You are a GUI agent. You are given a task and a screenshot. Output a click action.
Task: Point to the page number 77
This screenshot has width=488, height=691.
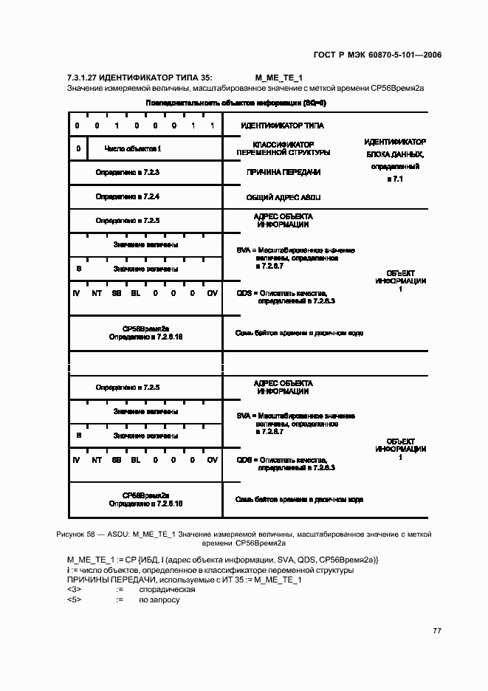coord(436,630)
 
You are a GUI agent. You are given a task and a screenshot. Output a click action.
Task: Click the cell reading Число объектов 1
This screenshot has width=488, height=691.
coord(133,149)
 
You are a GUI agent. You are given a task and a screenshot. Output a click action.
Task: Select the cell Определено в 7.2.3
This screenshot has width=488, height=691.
coord(128,172)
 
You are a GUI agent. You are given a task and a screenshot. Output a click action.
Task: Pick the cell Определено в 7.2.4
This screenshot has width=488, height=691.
coord(128,197)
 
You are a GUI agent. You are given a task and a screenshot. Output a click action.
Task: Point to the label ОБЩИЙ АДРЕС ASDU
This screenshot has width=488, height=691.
coord(283,198)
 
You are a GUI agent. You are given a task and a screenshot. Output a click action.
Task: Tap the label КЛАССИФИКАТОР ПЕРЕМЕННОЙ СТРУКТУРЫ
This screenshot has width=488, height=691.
coord(283,148)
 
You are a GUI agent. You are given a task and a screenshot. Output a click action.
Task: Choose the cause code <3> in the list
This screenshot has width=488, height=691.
coord(74,590)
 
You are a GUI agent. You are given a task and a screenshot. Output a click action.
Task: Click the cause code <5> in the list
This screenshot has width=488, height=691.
coord(74,599)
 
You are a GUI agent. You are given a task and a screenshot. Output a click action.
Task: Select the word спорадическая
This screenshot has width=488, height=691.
coord(167,590)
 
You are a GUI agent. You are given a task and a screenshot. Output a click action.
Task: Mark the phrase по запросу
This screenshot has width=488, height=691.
coord(159,599)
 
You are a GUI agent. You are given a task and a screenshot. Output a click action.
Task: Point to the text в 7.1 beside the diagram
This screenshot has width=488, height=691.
coord(395,179)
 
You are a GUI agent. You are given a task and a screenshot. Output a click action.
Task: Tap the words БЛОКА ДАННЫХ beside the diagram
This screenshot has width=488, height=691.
coord(395,154)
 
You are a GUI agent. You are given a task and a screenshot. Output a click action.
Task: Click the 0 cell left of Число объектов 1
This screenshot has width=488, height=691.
coord(78,149)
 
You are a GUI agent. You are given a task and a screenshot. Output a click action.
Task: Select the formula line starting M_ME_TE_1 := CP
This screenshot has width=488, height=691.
coord(222,560)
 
